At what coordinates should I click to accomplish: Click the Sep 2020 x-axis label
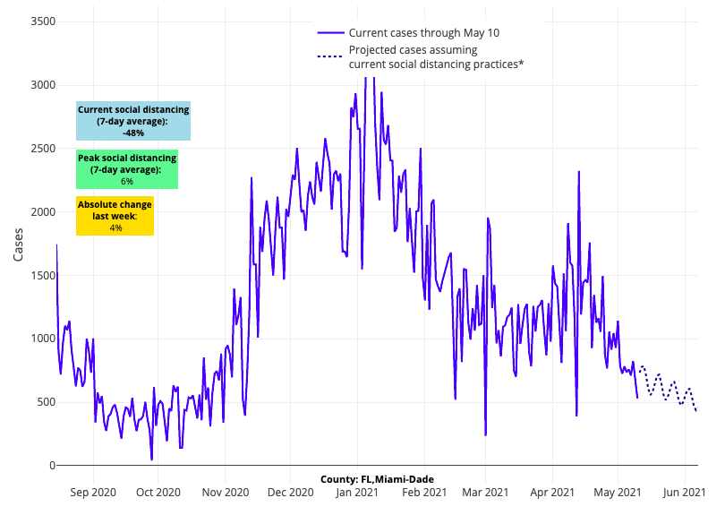pyautogui.click(x=93, y=492)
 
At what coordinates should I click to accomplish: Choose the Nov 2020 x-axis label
pyautogui.click(x=225, y=492)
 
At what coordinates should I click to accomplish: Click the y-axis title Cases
pyautogui.click(x=19, y=244)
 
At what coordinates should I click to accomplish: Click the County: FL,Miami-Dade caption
pyautogui.click(x=377, y=480)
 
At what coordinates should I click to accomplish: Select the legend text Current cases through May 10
pyautogui.click(x=423, y=33)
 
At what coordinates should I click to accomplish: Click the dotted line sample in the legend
pyautogui.click(x=330, y=57)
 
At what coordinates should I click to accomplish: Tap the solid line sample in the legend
pyautogui.click(x=330, y=33)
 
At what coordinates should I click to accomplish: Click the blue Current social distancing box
pyautogui.click(x=133, y=121)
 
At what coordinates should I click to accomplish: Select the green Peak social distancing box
pyautogui.click(x=127, y=169)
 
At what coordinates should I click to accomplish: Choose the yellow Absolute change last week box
pyautogui.click(x=115, y=216)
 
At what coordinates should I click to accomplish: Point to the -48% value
pyautogui.click(x=133, y=133)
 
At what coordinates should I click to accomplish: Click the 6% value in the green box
pyautogui.click(x=127, y=181)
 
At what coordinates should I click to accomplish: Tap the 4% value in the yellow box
pyautogui.click(x=115, y=227)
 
